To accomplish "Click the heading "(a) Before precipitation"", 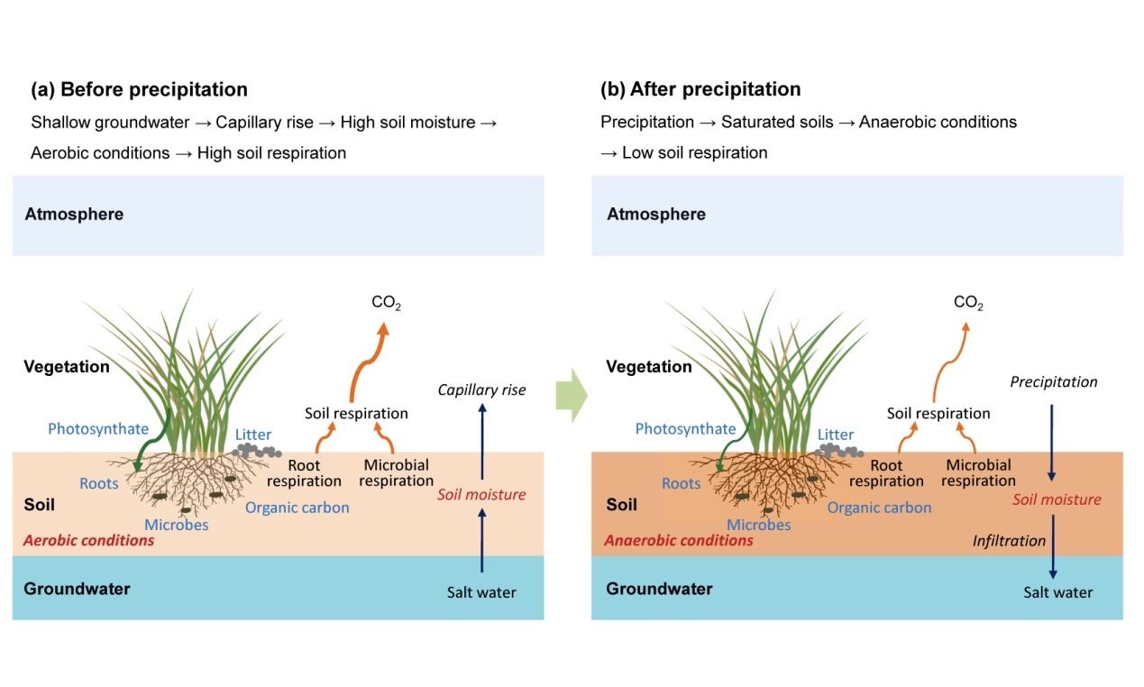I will tap(139, 89).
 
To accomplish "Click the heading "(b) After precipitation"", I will tap(700, 89).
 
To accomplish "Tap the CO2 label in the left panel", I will tap(386, 303).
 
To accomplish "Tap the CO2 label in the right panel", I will tap(968, 303).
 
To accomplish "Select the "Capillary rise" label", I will tap(481, 389).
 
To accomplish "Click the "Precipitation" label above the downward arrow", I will tap(1053, 381).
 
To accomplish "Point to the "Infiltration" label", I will tap(1009, 541).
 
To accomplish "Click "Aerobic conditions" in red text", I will tap(88, 540).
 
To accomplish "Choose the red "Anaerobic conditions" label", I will tap(678, 540).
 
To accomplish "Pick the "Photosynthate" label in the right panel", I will tap(685, 428).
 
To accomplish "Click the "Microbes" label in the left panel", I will tap(177, 524).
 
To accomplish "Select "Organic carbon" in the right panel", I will tap(879, 507).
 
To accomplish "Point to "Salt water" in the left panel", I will tap(481, 592).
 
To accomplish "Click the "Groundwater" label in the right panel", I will tap(659, 589).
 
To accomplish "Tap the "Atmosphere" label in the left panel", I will tap(74, 214).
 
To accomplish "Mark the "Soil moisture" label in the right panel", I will tap(1057, 499).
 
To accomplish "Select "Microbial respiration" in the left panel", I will tap(397, 473).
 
